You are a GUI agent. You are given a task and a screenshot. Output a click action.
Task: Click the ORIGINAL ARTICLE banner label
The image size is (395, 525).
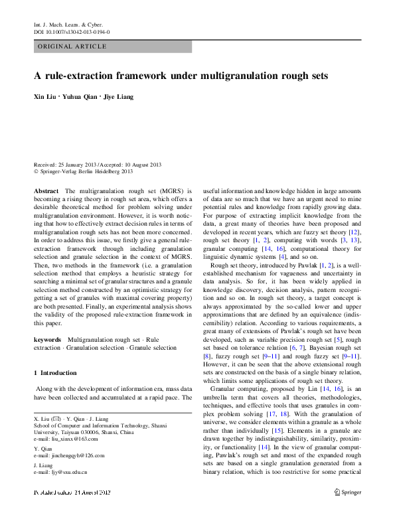pyautogui.click(x=72, y=46)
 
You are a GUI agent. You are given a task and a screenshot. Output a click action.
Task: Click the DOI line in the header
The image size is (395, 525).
pyautogui.click(x=72, y=31)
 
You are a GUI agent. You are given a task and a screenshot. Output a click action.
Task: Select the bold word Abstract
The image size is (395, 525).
pyautogui.click(x=46, y=190)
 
